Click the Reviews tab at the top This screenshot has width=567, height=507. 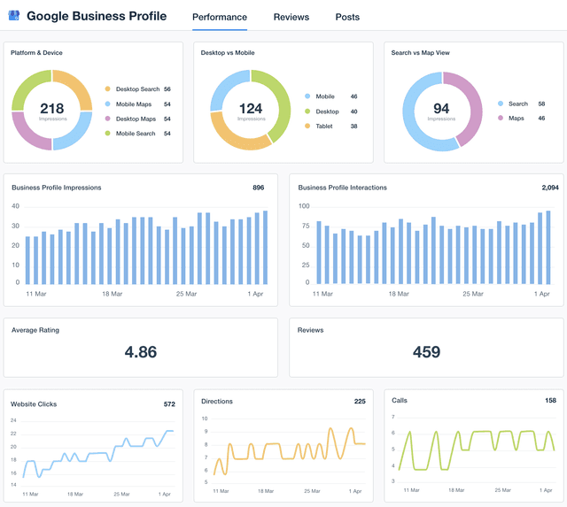click(x=291, y=17)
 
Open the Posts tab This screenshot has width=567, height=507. click(x=347, y=17)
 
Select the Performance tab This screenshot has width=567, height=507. click(x=219, y=17)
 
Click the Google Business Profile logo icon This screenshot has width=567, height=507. click(x=13, y=16)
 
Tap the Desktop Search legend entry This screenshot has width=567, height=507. click(x=137, y=89)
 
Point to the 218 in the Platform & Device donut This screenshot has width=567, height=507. click(x=51, y=108)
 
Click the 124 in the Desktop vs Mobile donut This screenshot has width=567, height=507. click(x=251, y=109)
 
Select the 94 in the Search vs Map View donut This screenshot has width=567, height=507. click(x=441, y=109)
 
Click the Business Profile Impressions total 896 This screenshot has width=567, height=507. click(x=258, y=188)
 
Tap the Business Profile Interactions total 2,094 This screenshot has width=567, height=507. click(x=550, y=188)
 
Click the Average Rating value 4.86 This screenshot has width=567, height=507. click(x=140, y=352)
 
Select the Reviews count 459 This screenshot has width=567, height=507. click(x=426, y=352)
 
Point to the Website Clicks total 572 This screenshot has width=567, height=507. click(x=169, y=404)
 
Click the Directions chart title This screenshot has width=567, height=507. click(x=217, y=402)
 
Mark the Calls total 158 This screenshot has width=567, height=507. click(x=550, y=401)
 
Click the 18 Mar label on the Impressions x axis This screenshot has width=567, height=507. click(x=111, y=293)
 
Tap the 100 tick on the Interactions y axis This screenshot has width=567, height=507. click(x=304, y=206)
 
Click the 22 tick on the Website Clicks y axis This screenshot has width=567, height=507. click(x=13, y=434)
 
